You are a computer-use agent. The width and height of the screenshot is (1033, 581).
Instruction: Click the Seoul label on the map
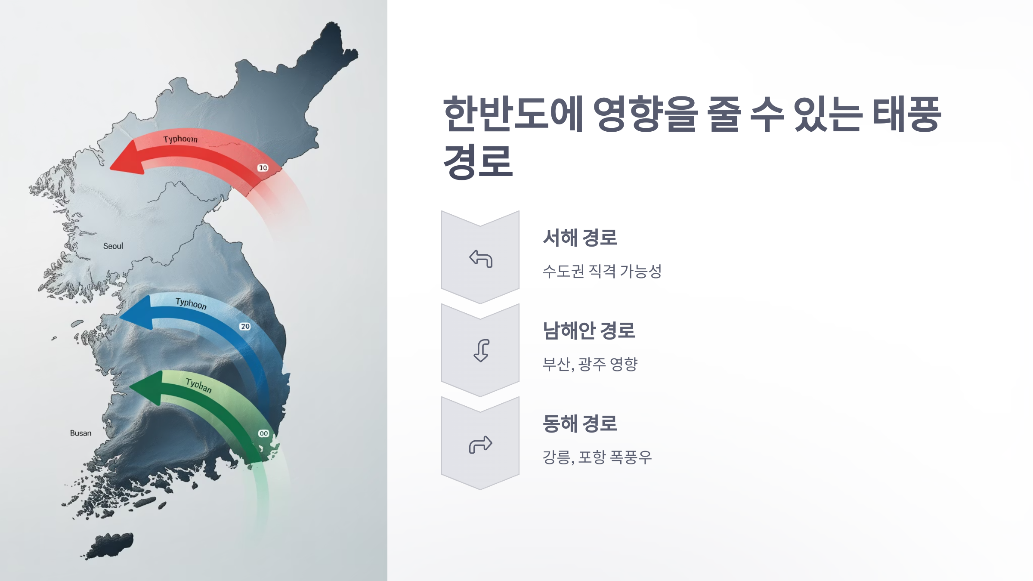[113, 246]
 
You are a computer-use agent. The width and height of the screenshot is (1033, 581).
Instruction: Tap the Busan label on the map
[81, 433]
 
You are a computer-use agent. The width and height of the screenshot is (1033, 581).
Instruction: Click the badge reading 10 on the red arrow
[263, 168]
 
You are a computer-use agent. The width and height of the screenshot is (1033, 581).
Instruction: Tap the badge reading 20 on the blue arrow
[245, 327]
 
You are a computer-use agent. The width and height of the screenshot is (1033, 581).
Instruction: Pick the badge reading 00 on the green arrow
[263, 433]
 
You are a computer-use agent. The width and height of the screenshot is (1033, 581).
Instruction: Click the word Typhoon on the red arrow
[180, 139]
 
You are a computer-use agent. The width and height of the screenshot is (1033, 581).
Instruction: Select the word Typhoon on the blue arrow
[191, 304]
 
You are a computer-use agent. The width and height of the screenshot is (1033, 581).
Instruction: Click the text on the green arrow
[199, 385]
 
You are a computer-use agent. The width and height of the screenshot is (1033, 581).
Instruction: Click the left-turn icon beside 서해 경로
[481, 258]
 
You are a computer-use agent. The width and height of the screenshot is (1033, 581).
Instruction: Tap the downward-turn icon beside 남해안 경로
[481, 350]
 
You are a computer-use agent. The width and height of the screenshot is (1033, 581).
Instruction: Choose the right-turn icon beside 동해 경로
[481, 444]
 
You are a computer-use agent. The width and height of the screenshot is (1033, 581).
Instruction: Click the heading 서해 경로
[580, 238]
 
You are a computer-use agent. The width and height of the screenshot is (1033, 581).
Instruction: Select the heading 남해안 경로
[589, 331]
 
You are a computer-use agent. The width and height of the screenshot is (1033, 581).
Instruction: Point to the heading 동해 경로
[580, 423]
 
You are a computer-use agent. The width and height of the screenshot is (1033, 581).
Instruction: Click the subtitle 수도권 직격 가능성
[602, 271]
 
